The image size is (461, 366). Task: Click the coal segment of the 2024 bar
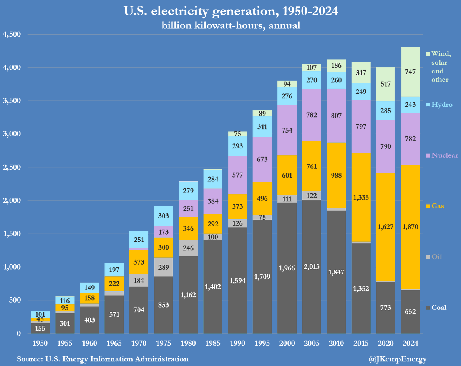click(x=410, y=311)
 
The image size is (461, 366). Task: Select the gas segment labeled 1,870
click(x=410, y=227)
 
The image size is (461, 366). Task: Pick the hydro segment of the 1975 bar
click(x=164, y=216)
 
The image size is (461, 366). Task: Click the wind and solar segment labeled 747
click(x=410, y=72)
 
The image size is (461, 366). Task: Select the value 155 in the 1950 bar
click(x=40, y=328)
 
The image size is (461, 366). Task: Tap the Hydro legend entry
click(x=439, y=105)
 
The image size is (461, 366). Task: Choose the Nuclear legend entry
click(x=442, y=155)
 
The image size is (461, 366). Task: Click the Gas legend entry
click(x=435, y=206)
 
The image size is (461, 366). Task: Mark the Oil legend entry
click(x=434, y=256)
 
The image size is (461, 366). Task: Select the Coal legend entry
click(x=436, y=307)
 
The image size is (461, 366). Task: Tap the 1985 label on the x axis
click(x=213, y=343)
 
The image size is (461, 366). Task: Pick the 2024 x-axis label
click(x=410, y=343)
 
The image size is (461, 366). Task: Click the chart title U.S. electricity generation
click(x=230, y=12)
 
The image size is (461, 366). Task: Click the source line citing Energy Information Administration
click(x=103, y=359)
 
